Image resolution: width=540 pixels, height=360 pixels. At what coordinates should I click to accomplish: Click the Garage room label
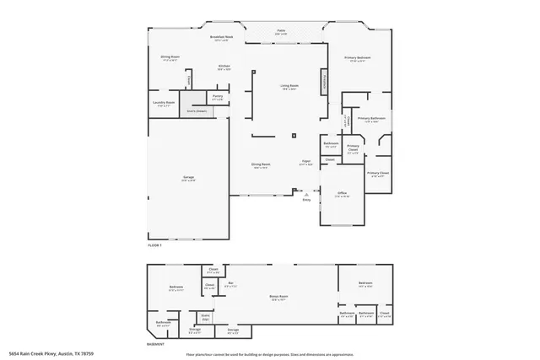point(189,177)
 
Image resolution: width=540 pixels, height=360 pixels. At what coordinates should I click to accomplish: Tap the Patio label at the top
point(281,30)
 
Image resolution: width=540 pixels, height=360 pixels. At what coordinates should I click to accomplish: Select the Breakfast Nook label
point(221,38)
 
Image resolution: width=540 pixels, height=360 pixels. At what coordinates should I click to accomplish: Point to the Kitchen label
point(224,66)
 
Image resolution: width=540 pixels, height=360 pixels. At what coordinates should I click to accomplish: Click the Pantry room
point(217,98)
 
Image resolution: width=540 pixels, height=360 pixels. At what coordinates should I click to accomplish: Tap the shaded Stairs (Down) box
point(196,110)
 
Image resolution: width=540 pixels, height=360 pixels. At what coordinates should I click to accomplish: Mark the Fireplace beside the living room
point(322,83)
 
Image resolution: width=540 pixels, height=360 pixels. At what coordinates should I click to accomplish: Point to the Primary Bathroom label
point(371,119)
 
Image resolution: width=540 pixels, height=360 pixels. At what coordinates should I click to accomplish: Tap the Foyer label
point(306,163)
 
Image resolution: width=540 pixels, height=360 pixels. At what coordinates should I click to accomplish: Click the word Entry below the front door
point(306,199)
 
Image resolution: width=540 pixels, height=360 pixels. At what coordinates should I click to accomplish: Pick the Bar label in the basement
point(229,283)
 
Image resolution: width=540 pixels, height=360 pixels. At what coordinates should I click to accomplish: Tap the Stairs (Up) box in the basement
point(205,318)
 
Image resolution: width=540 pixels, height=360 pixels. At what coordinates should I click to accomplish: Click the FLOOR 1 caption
point(154,244)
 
